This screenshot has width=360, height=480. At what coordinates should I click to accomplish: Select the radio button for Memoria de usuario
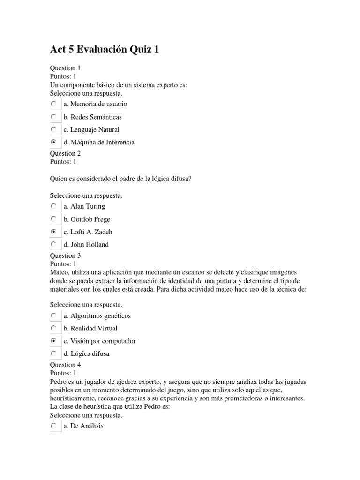pos(54,104)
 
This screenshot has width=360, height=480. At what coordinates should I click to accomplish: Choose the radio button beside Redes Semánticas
pos(54,116)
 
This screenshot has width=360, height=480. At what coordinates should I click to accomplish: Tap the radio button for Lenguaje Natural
pos(54,129)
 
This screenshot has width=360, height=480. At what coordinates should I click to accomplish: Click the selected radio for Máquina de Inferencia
pos(54,142)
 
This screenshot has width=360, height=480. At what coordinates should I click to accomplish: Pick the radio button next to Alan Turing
pos(54,206)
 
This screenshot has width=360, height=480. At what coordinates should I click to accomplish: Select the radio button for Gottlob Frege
pos(54,219)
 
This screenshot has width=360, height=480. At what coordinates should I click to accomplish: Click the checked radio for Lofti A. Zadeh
pos(54,232)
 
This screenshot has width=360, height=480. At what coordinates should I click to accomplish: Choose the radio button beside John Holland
pos(54,244)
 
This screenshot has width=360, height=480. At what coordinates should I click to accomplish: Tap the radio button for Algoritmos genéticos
pos(54,315)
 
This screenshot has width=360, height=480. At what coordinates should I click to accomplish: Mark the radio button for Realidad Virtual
pos(54,328)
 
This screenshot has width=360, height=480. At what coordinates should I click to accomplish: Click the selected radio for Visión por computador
pos(54,341)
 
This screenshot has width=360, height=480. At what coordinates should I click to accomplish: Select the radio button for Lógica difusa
pos(54,353)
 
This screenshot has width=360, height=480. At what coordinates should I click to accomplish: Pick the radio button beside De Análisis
pos(54,426)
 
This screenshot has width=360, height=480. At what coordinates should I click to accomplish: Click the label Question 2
pos(65,153)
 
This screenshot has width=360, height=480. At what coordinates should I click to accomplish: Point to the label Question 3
pos(65,255)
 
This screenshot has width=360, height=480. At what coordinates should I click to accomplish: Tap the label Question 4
pos(65,365)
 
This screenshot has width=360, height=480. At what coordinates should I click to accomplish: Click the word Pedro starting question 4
pos(59,382)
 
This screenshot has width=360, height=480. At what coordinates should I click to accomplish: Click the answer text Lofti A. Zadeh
pos(91,232)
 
